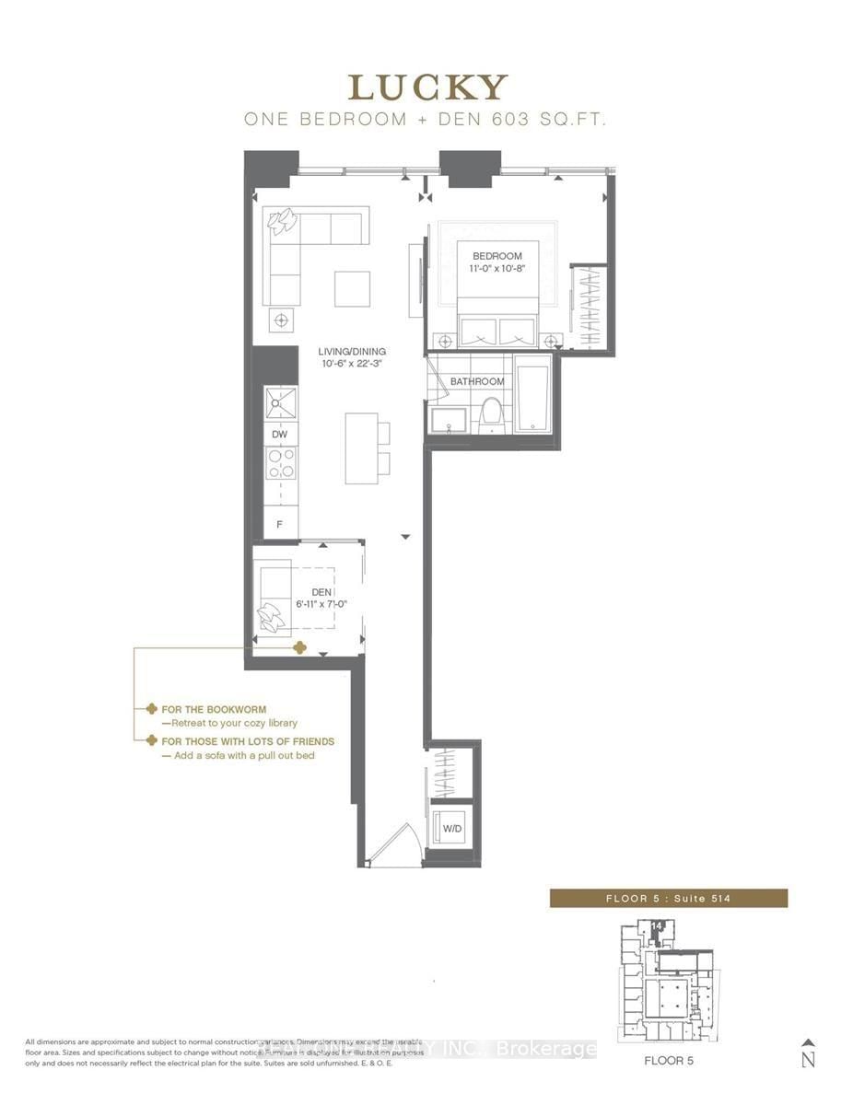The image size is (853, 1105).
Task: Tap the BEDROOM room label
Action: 497,256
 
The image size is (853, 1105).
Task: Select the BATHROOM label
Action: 477,381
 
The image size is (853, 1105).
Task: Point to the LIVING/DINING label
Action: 352,352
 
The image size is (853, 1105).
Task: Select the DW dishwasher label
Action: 280,434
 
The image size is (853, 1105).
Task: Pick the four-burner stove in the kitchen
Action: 280,463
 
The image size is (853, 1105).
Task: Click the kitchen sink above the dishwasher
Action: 280,403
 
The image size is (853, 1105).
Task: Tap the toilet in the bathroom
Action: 491,413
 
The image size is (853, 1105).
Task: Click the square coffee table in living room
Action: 352,288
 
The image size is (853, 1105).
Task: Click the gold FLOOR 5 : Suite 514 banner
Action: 668,898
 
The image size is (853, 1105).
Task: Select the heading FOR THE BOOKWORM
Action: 214,710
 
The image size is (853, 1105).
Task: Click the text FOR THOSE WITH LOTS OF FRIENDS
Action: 247,741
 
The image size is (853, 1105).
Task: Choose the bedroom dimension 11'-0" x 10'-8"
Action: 497,270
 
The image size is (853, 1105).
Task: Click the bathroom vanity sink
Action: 449,421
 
